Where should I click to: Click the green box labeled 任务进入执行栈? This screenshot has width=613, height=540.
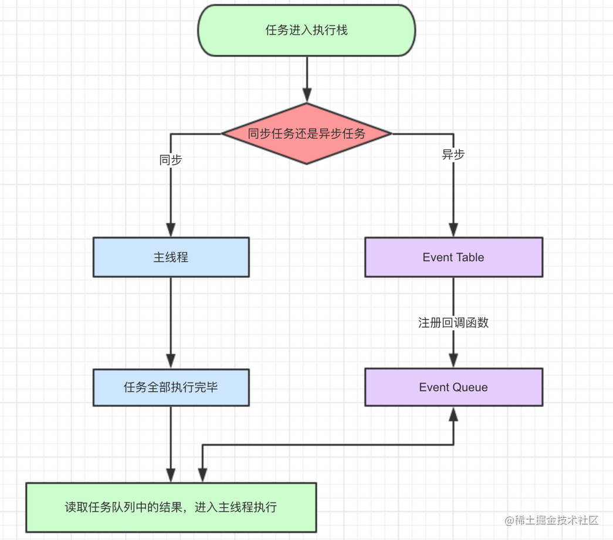[x=306, y=30]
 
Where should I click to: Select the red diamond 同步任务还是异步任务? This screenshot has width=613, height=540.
[x=306, y=134]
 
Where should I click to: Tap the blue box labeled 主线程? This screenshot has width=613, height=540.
[x=171, y=257]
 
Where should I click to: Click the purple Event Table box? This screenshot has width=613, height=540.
[x=453, y=257]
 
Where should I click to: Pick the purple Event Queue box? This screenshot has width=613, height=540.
[x=453, y=387]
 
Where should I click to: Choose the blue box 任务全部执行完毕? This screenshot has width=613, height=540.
[x=171, y=387]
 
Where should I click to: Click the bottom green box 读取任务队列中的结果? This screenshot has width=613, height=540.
[x=171, y=507]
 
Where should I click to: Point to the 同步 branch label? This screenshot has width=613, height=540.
[x=171, y=159]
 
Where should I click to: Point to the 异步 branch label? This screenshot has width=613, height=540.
[x=453, y=155]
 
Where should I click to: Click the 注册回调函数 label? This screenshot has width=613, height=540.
[x=453, y=322]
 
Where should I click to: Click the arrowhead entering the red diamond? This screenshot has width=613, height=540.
[x=307, y=95]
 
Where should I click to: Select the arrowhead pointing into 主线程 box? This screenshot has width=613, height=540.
[x=171, y=229]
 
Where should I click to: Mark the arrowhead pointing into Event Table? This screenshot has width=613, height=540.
[x=453, y=229]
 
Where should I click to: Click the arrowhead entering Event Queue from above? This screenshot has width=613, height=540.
[x=453, y=361]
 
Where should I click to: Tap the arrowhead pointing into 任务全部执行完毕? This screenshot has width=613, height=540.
[x=171, y=361]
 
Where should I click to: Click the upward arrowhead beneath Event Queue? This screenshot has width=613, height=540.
[x=453, y=414]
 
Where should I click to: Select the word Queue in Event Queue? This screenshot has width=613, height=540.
[x=472, y=387]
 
